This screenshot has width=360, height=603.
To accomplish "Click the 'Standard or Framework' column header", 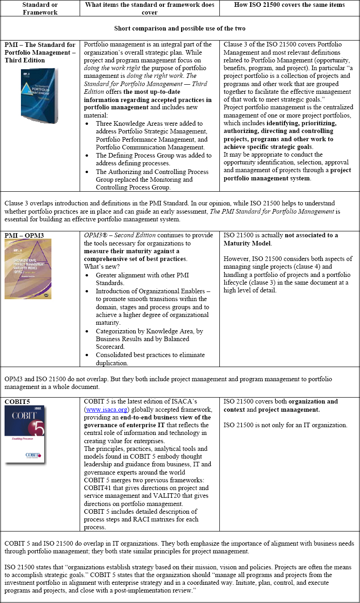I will point(40,8).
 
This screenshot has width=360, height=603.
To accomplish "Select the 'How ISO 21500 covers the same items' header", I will point(289,5).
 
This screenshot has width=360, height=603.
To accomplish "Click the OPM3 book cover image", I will point(28,269).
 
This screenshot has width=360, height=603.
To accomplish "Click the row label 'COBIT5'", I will point(18,401).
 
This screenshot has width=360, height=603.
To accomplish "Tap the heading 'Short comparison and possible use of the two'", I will point(180,28).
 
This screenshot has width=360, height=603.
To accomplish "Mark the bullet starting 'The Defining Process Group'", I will point(153,159).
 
